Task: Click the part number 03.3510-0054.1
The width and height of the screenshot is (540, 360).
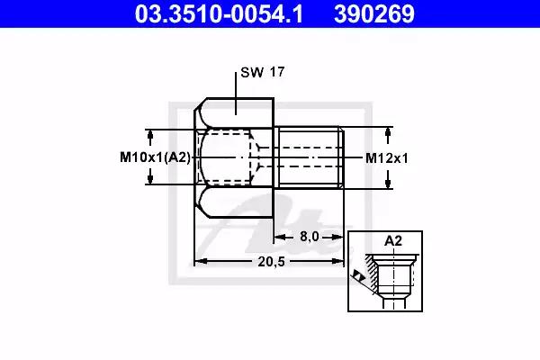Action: [x=219, y=13]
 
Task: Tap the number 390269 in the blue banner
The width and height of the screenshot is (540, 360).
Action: [x=374, y=13]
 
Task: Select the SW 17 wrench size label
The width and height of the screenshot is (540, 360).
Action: [x=263, y=72]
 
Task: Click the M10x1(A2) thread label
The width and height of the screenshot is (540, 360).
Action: [x=155, y=157]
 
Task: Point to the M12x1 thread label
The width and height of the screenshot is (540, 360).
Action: [x=386, y=158]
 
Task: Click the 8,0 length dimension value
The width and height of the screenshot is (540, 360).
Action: [x=310, y=237]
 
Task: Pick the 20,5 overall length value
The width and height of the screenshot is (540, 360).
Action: [x=272, y=262]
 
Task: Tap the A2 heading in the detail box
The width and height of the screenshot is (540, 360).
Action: [x=393, y=241]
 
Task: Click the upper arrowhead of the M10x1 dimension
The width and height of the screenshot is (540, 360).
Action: [x=150, y=134]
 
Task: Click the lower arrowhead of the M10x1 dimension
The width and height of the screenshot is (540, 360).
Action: [x=150, y=180]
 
